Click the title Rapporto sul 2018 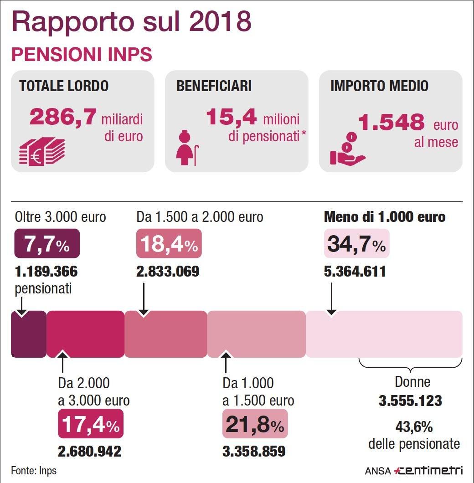[131, 21]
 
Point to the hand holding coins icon [347, 149]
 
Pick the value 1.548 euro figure [391, 122]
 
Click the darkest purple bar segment [29, 334]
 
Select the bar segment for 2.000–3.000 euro [85, 334]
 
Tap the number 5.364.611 [355, 272]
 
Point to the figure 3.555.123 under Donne [410, 401]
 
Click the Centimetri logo [428, 470]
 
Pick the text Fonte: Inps [34, 470]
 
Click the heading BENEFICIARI [213, 86]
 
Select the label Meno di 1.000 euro [384, 217]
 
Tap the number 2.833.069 [168, 272]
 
